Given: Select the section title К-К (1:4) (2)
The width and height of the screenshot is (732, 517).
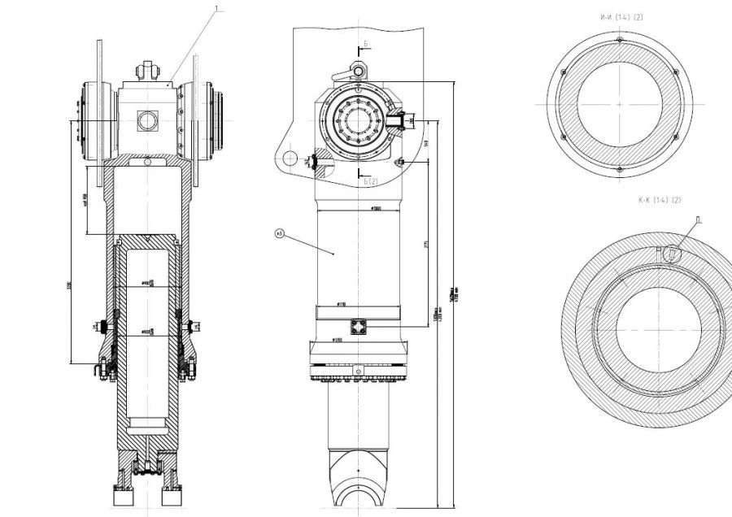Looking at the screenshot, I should pos(660,200).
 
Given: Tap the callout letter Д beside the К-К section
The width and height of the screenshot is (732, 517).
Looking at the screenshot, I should pos(699,219).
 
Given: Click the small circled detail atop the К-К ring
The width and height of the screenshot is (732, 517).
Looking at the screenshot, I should pos(672,254).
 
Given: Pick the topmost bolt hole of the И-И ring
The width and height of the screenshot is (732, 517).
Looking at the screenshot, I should pos(620,40).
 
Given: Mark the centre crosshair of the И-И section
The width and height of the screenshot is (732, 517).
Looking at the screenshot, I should pos(620,104).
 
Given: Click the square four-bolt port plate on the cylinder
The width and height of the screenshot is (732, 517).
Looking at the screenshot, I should pos(359,326).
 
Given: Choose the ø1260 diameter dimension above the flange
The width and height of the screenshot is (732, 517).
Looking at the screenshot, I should pos(335,339).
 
